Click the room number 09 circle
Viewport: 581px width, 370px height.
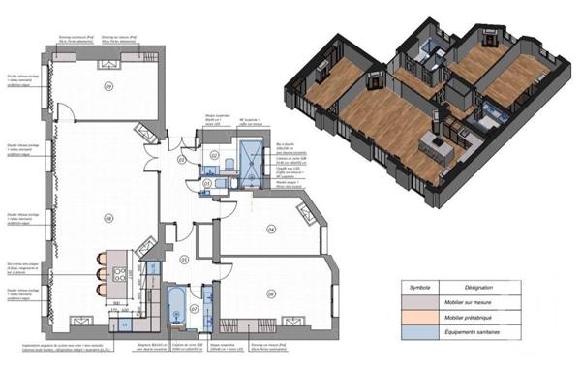107,86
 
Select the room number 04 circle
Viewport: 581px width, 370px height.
271,230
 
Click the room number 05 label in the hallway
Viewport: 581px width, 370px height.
183,259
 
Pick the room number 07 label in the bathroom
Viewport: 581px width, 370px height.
194,309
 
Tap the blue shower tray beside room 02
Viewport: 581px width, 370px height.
250,159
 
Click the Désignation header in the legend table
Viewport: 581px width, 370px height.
513,288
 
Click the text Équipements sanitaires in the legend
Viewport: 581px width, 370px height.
513,334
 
